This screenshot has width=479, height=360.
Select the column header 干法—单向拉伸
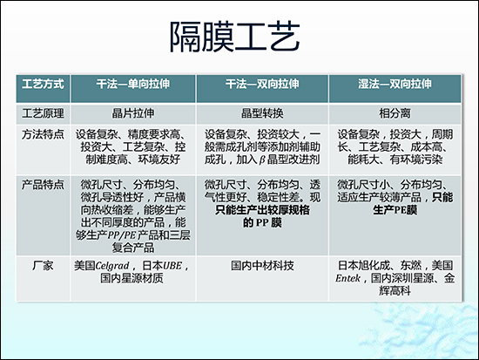[136, 87]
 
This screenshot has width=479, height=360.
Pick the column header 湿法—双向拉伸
[395, 87]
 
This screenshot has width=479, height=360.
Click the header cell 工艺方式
[44, 87]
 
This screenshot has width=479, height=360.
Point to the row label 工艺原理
[44, 112]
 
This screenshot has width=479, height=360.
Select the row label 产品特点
[44, 184]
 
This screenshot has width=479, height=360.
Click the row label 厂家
[44, 262]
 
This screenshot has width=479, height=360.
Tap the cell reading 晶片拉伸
[136, 112]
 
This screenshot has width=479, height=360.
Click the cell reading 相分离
[395, 112]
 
